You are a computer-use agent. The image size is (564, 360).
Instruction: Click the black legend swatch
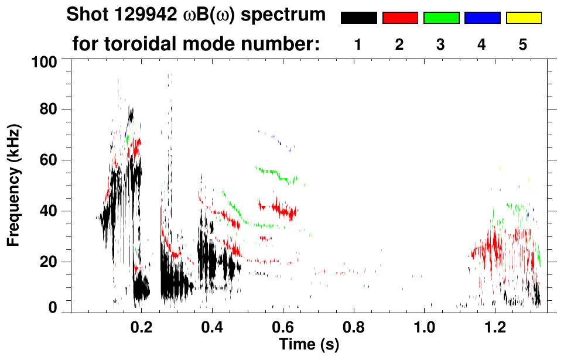point(358,18)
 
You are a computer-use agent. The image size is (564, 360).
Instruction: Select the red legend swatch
point(400,18)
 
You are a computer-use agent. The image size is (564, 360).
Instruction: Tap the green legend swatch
point(441,18)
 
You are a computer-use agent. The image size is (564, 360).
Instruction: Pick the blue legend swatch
point(483,18)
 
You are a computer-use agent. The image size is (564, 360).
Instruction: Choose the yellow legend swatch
point(524,18)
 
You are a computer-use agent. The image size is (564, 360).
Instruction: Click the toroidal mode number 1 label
point(358,45)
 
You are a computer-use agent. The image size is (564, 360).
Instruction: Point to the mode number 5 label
point(524,45)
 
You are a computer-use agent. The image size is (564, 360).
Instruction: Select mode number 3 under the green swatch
point(441,45)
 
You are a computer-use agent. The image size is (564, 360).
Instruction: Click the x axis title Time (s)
point(309,345)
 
